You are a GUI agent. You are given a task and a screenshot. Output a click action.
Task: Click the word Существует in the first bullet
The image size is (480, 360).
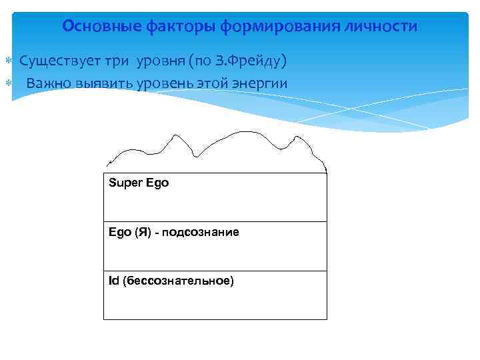tap(59, 62)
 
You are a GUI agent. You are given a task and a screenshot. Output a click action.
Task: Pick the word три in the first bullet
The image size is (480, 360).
tap(122, 62)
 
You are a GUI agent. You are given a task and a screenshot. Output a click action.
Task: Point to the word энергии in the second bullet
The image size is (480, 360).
tap(261, 83)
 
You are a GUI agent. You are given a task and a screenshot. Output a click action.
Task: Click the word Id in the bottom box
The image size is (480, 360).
tap(113, 281)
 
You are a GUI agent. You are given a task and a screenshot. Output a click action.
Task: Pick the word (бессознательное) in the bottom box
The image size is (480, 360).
tap(177, 281)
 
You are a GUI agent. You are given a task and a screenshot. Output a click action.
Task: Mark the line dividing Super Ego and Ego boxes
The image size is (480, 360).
tap(215, 221)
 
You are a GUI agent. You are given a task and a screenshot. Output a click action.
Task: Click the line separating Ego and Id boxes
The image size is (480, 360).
tap(215, 271)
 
